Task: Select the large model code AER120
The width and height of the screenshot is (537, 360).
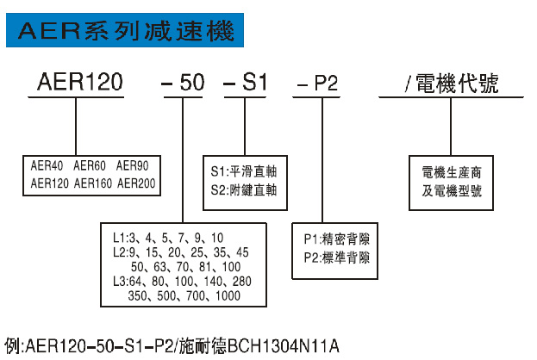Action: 80,84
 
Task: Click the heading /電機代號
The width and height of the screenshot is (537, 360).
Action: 451,84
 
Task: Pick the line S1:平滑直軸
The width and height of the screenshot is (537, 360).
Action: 249,170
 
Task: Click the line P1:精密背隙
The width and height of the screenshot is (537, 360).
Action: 336,239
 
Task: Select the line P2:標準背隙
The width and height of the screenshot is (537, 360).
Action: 336,257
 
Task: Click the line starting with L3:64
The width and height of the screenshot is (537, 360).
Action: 182,280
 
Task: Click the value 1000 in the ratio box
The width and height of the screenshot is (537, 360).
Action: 228,295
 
